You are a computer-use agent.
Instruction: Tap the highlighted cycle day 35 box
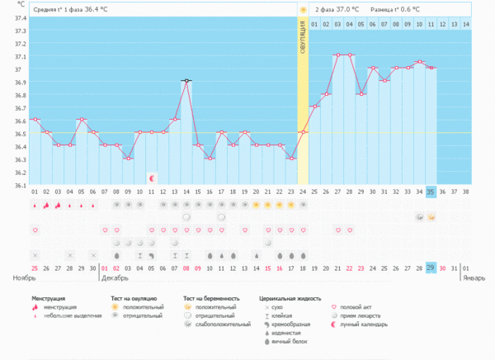(x=431, y=192)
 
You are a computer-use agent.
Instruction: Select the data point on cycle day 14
(x=186, y=81)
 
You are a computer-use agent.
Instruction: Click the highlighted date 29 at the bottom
(x=431, y=268)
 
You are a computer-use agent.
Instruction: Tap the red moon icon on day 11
(x=152, y=178)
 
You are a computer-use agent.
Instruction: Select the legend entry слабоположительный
(x=222, y=324)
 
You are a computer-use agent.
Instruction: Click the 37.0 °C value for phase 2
(x=351, y=9)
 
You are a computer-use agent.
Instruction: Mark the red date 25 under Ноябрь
(x=35, y=268)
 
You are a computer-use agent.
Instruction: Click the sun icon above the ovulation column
(x=303, y=9)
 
